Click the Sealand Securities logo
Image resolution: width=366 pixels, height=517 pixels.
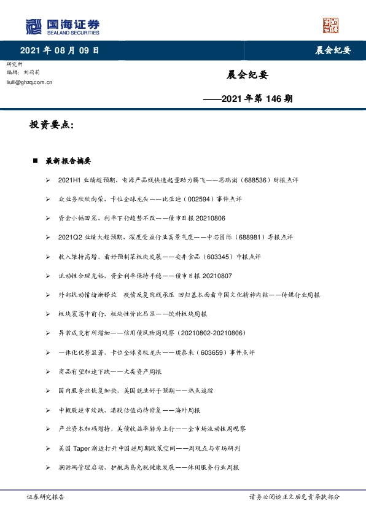point(62,26)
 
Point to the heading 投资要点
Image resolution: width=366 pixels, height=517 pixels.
point(52,125)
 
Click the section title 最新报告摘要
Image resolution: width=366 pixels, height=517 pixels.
point(68,161)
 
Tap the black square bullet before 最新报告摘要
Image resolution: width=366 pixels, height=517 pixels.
point(36,161)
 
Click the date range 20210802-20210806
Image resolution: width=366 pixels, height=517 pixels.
point(211,333)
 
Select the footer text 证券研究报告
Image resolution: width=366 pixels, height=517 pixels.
point(45,497)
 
